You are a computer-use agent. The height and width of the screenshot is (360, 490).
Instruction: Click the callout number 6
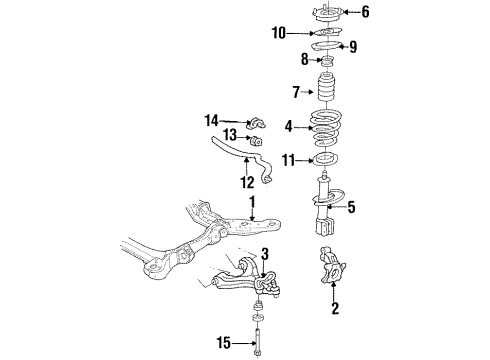(365, 12)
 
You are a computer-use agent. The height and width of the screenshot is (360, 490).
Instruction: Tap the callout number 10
(279, 33)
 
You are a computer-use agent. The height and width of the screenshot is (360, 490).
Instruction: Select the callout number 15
(224, 343)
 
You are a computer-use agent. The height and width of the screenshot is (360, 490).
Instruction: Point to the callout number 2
(335, 308)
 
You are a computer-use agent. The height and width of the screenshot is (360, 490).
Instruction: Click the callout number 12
(247, 182)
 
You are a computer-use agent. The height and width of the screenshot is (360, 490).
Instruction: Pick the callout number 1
(252, 202)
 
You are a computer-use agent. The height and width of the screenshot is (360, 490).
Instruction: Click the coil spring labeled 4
(325, 128)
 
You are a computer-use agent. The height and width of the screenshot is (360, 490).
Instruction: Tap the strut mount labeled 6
(327, 12)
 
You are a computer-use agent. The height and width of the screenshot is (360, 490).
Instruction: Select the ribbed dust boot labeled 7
(326, 87)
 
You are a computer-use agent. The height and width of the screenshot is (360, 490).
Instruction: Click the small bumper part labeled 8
(327, 61)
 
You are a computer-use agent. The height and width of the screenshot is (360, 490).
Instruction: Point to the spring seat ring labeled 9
(326, 46)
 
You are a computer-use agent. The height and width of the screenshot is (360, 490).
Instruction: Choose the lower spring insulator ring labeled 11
(326, 158)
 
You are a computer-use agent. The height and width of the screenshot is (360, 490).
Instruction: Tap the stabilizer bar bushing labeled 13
(256, 141)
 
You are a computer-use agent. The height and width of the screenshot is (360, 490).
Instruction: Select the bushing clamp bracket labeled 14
(256, 124)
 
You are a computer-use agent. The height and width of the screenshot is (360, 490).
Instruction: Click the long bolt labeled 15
(258, 342)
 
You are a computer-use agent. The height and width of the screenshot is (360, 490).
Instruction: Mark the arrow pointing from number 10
(300, 33)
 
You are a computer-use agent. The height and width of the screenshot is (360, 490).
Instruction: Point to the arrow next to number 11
(304, 161)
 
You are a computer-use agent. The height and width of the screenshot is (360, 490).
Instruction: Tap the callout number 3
(265, 254)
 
